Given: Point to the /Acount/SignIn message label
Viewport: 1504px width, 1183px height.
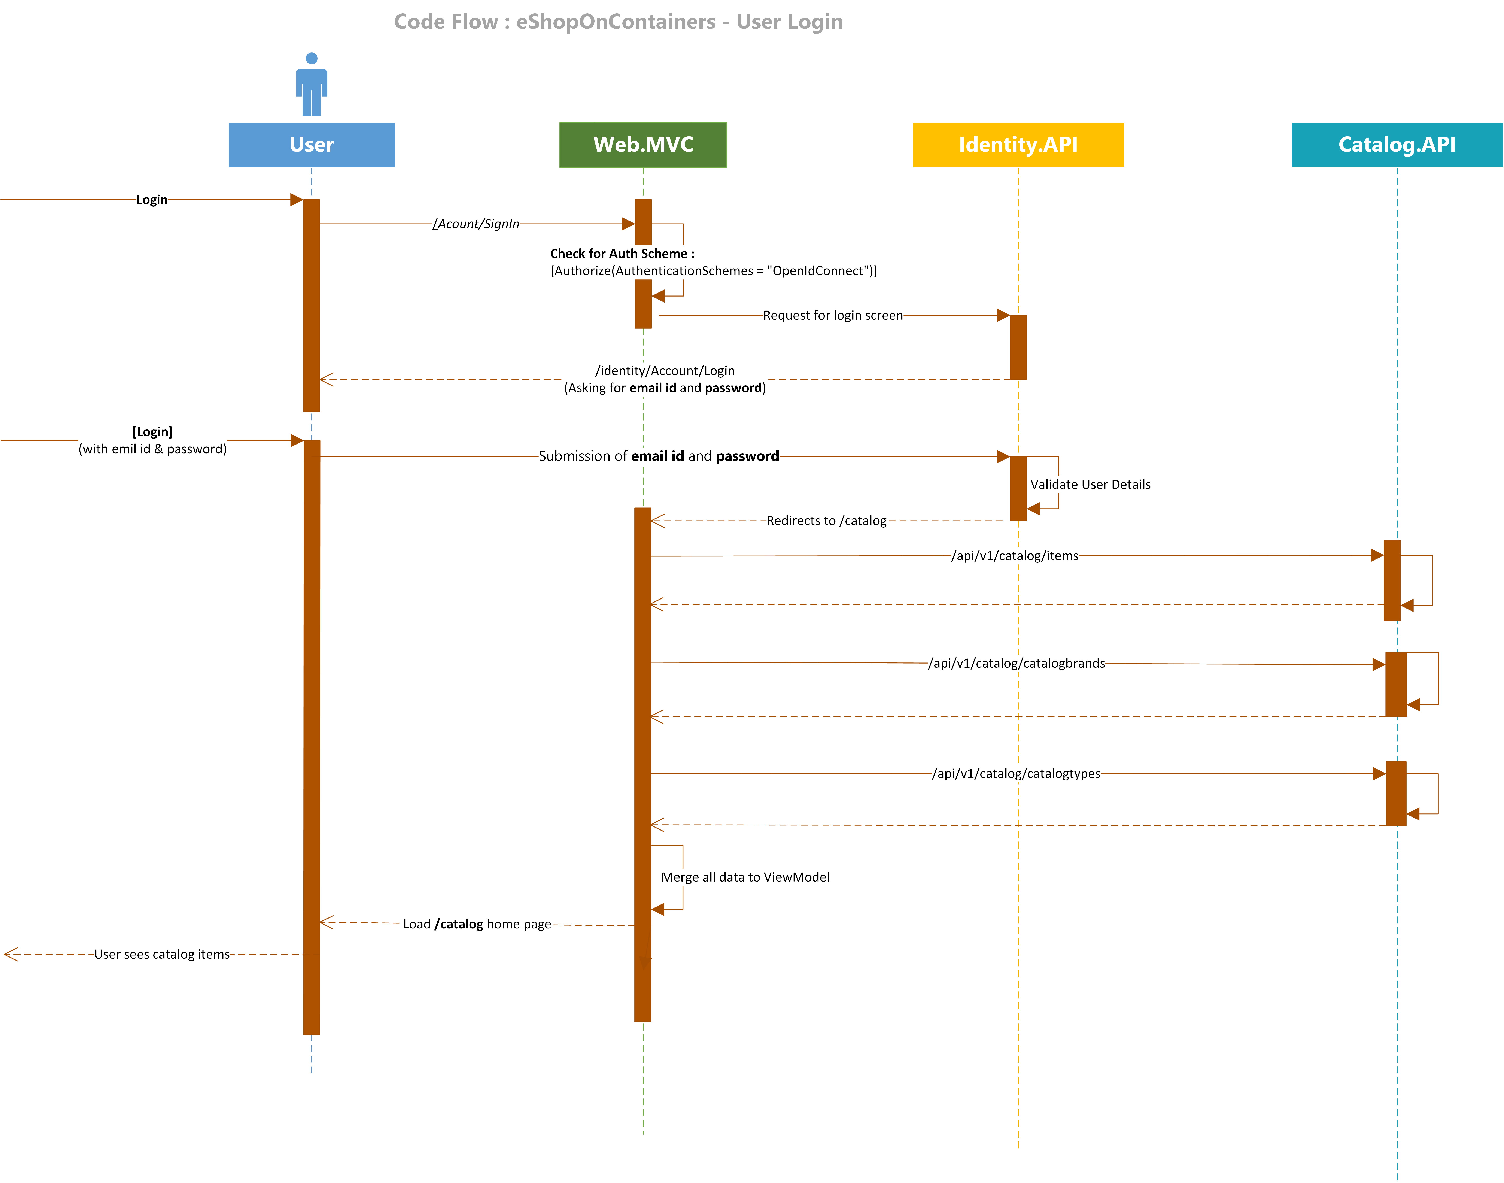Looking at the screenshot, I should point(476,224).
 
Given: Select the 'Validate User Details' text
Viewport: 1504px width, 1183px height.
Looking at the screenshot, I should point(1090,484).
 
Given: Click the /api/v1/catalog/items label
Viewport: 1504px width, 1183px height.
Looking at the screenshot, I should point(1014,555).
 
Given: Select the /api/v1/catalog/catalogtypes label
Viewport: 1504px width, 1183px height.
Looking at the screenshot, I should point(1016,773).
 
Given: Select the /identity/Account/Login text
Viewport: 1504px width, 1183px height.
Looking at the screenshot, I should point(665,371).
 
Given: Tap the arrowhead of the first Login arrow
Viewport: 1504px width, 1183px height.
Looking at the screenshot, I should point(296,200).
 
